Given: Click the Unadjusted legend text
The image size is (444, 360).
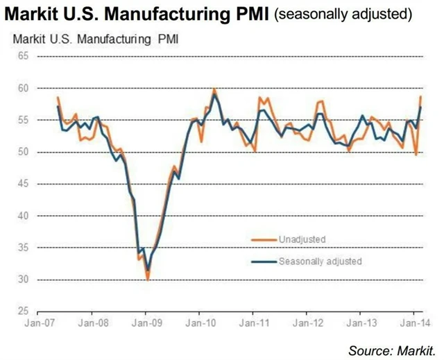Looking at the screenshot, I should (302, 239).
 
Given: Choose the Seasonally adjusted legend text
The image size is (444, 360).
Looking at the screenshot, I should (320, 262).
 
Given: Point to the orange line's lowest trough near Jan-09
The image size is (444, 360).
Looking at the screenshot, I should (148, 279).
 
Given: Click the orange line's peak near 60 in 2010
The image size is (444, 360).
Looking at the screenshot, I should (214, 89).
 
